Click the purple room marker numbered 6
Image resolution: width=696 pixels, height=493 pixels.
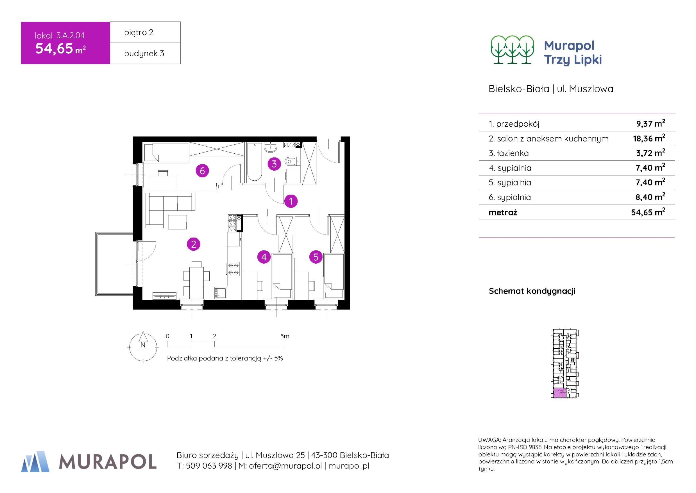coord(202,171)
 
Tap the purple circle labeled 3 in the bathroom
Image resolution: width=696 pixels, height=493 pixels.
coord(274,164)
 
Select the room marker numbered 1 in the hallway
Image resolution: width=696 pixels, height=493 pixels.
coord(291,201)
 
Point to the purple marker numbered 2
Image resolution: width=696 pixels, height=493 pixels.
coord(194,244)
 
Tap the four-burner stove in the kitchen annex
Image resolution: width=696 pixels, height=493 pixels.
coord(234,269)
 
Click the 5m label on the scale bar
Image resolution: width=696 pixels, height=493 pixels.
coord(284,336)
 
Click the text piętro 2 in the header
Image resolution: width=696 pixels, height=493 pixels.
coord(139,32)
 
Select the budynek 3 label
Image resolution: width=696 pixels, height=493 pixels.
coord(144,53)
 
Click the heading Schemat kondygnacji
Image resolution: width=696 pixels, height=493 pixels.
coord(532,291)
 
